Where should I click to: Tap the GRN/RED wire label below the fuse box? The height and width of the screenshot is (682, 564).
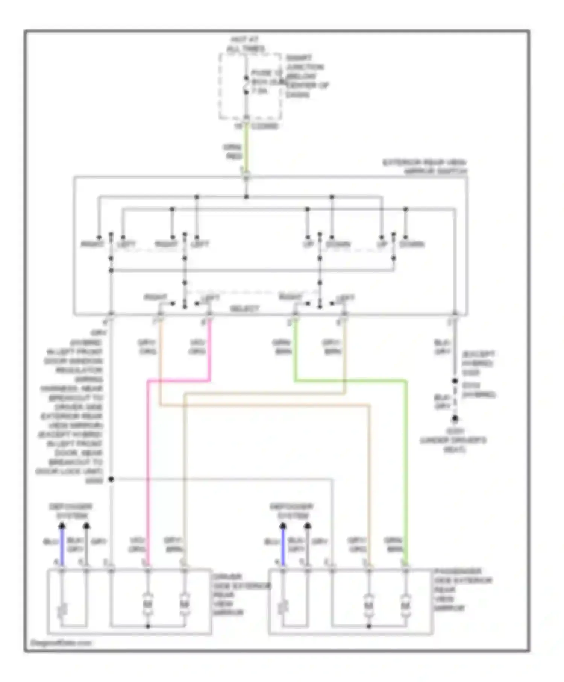click(x=233, y=152)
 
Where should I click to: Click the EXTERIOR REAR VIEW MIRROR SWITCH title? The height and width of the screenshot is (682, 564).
click(x=425, y=167)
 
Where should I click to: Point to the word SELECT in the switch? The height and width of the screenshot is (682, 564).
click(x=244, y=309)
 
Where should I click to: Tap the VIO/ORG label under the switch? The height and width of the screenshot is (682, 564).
click(x=197, y=347)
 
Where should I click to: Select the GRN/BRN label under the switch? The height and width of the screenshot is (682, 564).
click(x=281, y=347)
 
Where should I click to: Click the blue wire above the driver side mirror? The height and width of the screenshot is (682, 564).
click(x=62, y=547)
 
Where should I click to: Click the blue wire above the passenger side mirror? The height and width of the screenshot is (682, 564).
click(x=283, y=547)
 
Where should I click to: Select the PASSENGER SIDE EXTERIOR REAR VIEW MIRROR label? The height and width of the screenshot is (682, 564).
click(x=462, y=589)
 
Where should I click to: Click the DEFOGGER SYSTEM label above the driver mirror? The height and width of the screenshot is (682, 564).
click(x=71, y=511)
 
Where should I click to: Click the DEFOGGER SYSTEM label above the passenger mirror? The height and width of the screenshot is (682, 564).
click(x=292, y=511)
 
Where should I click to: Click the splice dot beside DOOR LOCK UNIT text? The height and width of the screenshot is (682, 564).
click(x=111, y=479)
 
